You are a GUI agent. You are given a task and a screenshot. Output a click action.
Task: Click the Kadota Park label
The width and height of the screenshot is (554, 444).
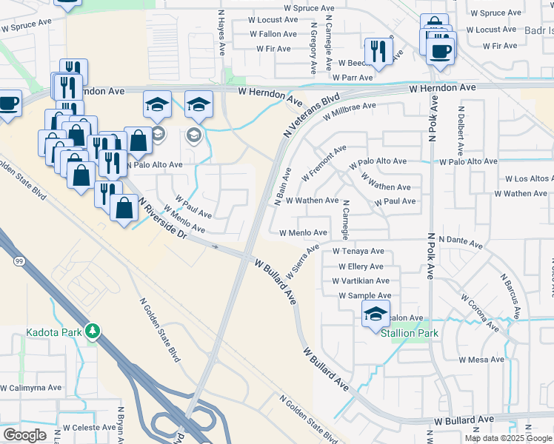[53, 332]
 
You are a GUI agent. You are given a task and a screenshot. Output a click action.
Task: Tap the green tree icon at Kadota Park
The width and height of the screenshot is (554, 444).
[93, 331]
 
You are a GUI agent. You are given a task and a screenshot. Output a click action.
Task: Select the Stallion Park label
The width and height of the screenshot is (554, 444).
[410, 333]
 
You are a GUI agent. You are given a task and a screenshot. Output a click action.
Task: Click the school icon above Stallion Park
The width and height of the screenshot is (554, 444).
[376, 314]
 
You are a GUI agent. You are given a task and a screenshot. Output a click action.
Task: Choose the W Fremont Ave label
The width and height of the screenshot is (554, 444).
[324, 164]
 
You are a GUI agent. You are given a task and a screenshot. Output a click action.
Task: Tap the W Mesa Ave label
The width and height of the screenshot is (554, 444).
[481, 360]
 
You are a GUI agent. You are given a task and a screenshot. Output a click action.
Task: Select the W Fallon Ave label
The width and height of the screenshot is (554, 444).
[273, 34]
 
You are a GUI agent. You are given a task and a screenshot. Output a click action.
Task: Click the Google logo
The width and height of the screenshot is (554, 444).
[24, 434]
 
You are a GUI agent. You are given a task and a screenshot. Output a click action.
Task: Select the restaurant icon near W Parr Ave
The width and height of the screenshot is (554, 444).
[378, 52]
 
